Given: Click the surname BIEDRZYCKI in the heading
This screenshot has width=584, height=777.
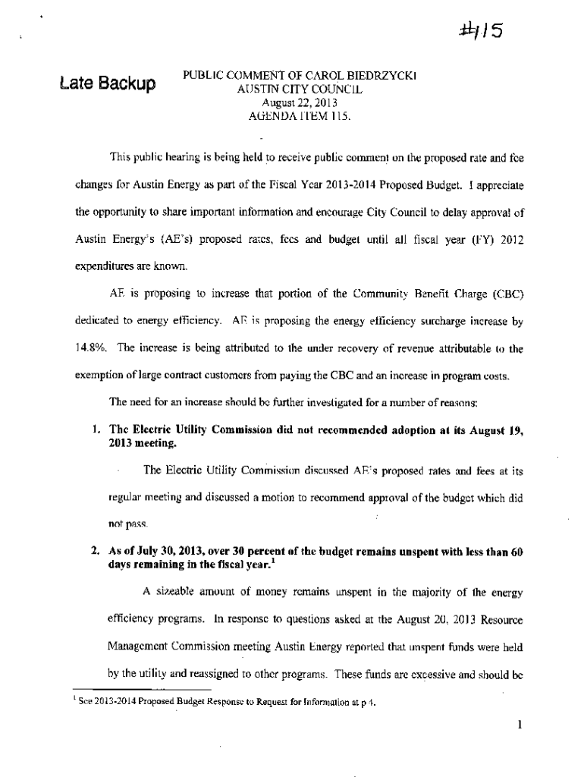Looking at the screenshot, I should (388, 75).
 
